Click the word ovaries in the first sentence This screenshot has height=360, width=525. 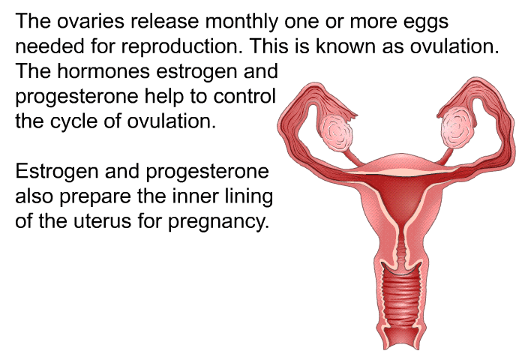click(91, 21)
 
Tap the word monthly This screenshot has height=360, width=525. click(241, 22)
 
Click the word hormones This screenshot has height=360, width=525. click(103, 71)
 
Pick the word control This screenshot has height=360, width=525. click(244, 96)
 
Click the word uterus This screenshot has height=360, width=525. click(102, 222)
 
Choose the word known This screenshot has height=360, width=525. click(345, 46)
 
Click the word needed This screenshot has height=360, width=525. click(49, 46)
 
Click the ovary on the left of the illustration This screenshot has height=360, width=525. click(337, 132)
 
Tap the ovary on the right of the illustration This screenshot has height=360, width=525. click(457, 127)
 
